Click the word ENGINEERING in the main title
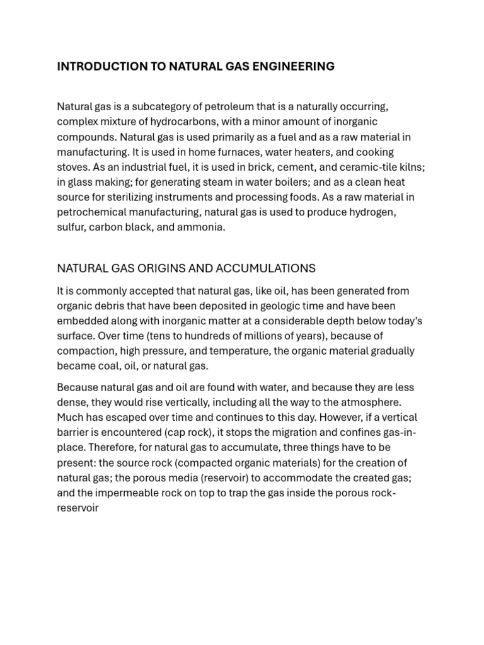tap(295, 66)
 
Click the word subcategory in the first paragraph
tap(170, 106)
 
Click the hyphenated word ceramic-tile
tap(338, 167)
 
